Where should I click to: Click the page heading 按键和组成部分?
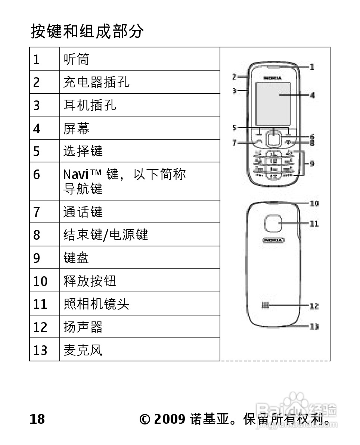[x=87, y=31]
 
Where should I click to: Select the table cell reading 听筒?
[x=77, y=59]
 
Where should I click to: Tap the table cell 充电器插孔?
[x=96, y=82]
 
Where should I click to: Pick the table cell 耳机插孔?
[x=90, y=105]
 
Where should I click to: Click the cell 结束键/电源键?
[x=106, y=235]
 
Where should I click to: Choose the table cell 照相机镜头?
[x=96, y=304]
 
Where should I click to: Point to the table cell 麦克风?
[x=83, y=350]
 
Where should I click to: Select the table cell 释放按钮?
[x=90, y=281]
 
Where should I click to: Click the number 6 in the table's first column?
[x=36, y=175]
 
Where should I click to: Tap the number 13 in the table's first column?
[x=40, y=350]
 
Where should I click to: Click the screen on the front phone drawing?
[x=273, y=104]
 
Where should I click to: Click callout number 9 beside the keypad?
[x=311, y=163]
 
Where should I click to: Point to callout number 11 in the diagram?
[x=314, y=224]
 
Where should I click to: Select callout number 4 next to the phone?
[x=312, y=95]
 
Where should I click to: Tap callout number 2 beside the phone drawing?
[x=235, y=77]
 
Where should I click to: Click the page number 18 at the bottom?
[x=37, y=419]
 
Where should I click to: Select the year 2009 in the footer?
[x=169, y=419]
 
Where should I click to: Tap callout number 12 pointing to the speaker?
[x=314, y=306]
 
